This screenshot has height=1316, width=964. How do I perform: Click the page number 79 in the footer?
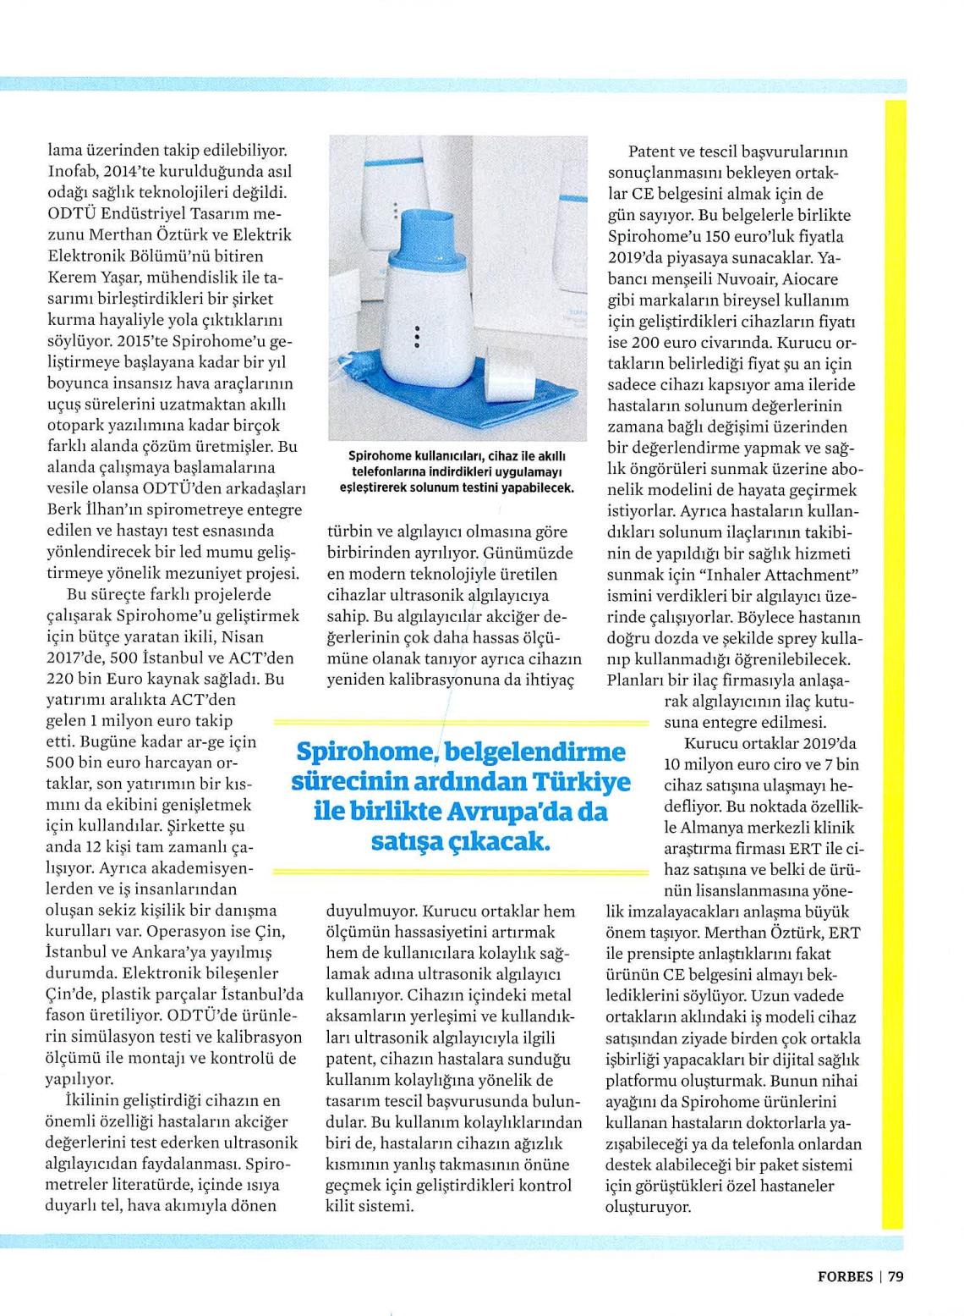pos(896,1276)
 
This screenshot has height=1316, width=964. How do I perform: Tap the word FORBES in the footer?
pos(845,1276)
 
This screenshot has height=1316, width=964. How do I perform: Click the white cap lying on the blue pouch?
pos(511,374)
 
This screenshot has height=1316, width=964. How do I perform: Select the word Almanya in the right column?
pos(704,828)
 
